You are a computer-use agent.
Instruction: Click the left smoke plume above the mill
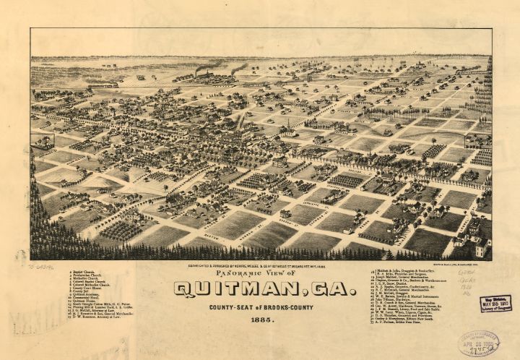tap(209, 67)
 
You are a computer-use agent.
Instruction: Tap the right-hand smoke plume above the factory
tap(239, 68)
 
